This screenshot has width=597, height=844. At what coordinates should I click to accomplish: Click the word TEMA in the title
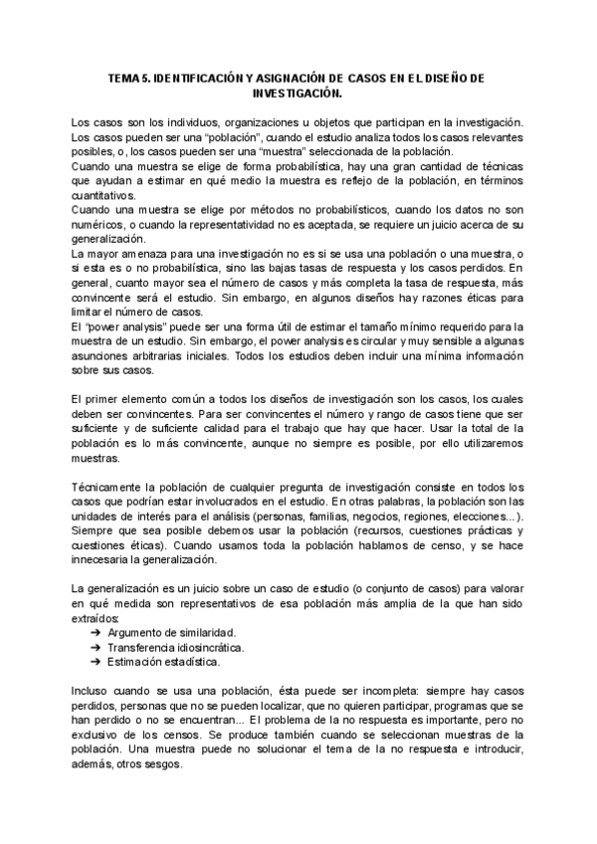(x=123, y=78)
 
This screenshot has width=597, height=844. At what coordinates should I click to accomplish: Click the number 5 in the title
(x=147, y=78)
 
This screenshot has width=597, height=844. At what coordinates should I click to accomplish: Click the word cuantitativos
(x=104, y=197)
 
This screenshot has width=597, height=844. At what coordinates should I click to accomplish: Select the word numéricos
(x=100, y=227)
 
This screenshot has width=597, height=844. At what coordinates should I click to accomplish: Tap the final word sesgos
(x=163, y=765)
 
